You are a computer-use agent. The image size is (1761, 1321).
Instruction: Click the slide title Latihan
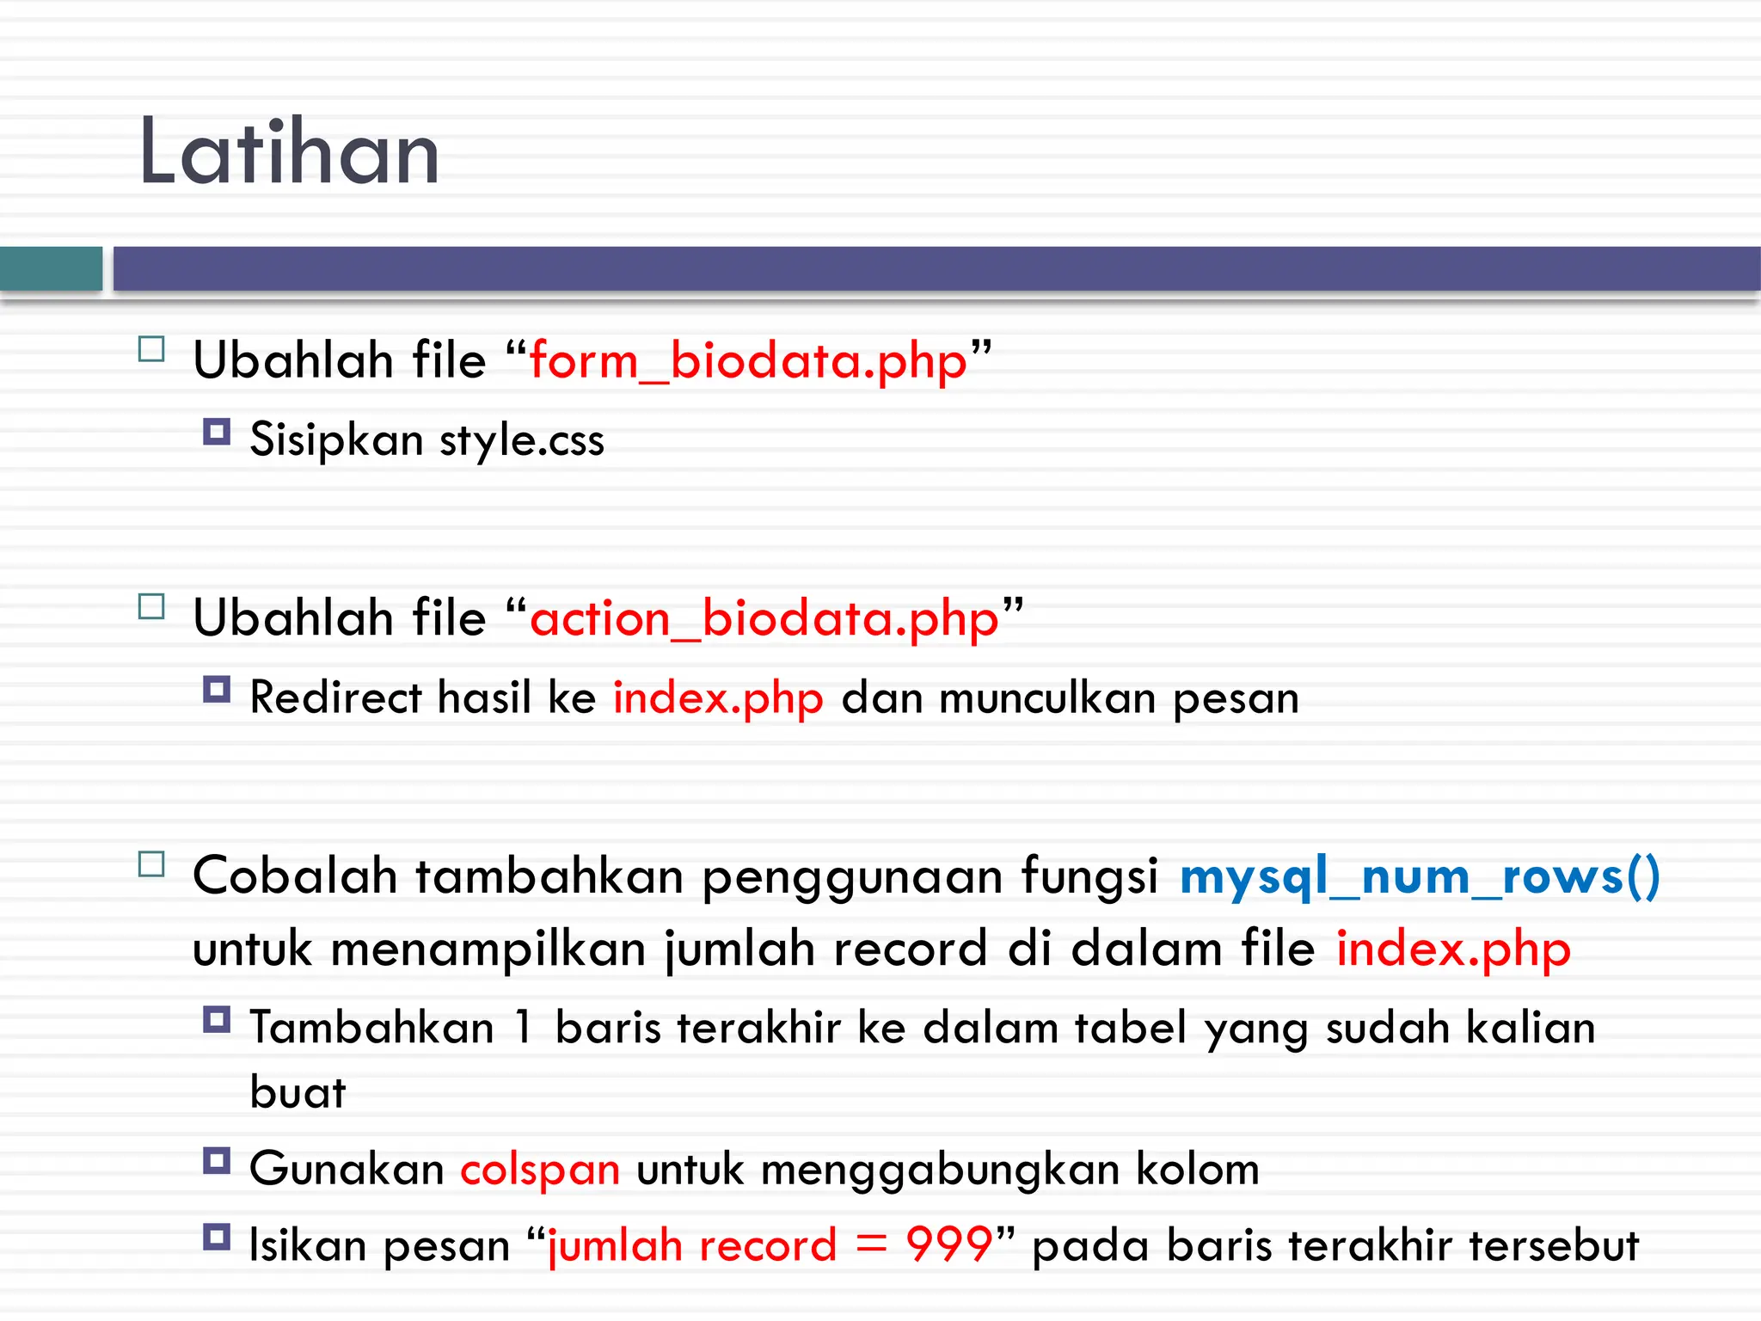[289, 153]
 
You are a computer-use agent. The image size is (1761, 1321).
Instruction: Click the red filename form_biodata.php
[748, 361]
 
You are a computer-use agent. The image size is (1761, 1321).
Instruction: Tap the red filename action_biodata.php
[764, 619]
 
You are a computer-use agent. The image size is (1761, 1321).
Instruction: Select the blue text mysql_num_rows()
[1419, 877]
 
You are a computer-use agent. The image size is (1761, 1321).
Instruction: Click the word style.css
[522, 440]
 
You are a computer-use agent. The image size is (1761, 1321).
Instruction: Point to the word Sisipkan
[336, 440]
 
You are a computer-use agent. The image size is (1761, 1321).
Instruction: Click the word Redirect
[335, 697]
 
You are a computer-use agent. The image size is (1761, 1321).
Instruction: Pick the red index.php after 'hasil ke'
[718, 697]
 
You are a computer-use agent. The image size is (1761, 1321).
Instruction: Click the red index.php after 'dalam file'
[1453, 949]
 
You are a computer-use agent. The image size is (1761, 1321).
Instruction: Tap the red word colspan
[540, 1170]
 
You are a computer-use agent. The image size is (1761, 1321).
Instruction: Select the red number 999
[949, 1245]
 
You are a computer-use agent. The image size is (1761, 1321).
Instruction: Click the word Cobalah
[294, 877]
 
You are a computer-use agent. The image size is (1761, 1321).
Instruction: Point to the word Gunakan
[346, 1170]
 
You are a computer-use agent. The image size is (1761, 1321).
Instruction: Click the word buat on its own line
[298, 1093]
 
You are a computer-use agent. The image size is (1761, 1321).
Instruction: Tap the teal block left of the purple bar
[51, 268]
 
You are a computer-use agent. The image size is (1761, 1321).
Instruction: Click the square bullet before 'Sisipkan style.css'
[217, 431]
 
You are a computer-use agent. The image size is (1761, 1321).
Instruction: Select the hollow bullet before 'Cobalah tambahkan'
[151, 864]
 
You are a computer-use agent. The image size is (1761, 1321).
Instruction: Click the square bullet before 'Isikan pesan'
[217, 1237]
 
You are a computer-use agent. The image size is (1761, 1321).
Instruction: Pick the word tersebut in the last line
[1553, 1245]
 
